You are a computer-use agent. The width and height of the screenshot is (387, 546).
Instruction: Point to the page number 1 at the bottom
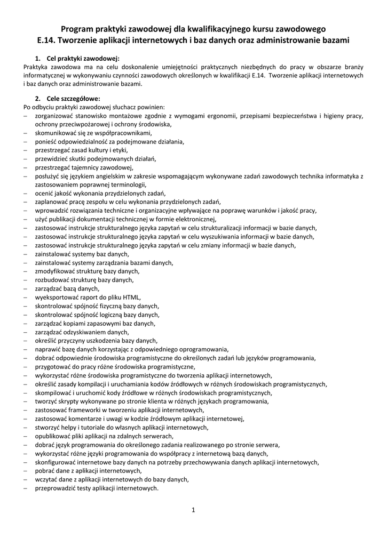tap(193, 510)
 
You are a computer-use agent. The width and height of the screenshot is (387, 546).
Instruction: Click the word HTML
tap(132, 297)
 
